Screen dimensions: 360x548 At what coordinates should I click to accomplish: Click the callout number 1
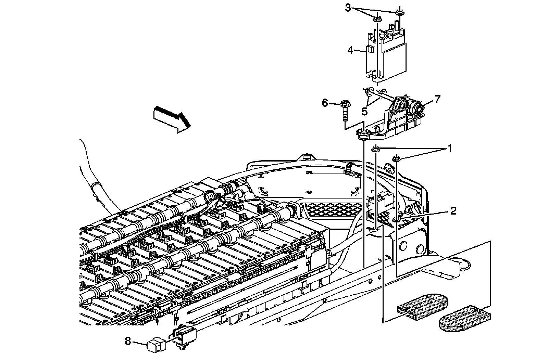point(449,149)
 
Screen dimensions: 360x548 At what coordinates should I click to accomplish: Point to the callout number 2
point(453,211)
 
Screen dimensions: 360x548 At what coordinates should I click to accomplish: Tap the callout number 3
point(348,8)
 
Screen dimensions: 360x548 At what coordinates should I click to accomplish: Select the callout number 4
point(350,51)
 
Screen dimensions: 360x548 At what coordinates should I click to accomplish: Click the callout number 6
point(325,102)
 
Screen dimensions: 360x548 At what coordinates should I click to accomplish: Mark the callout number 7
point(437,99)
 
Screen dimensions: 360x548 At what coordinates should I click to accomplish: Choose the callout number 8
point(128,341)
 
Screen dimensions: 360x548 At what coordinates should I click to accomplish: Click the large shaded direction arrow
point(172,118)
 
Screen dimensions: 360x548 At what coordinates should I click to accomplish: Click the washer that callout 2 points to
point(397,219)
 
